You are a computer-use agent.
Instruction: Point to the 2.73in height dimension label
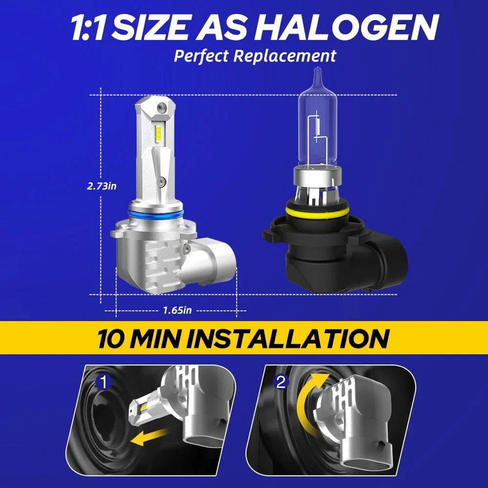point(102,186)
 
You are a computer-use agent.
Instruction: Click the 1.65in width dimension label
point(178,310)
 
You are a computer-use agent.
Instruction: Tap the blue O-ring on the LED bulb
point(155,214)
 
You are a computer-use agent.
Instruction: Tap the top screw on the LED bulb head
point(161,107)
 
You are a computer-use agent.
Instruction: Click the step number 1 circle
point(103,383)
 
